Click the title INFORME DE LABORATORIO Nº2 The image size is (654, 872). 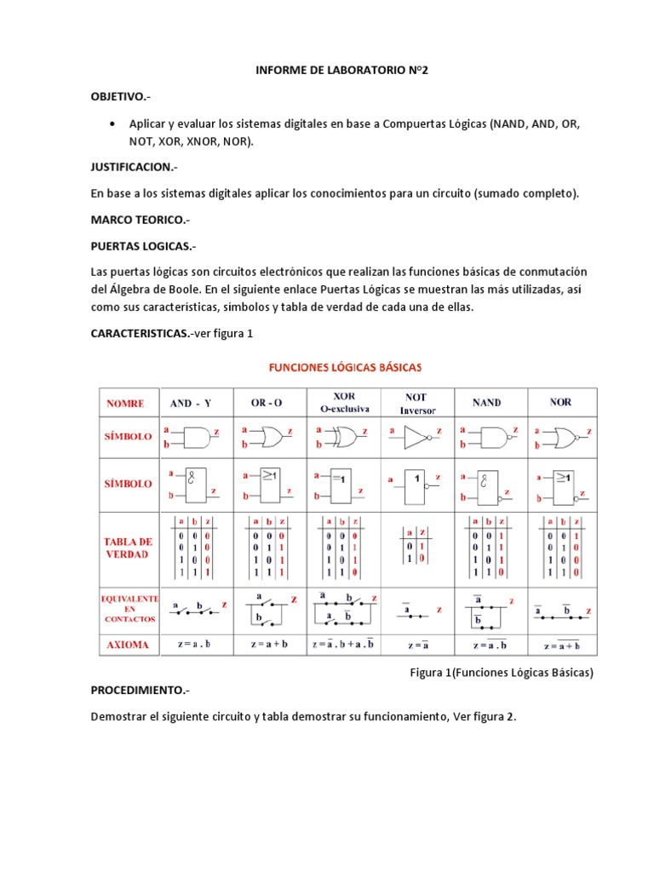(341, 72)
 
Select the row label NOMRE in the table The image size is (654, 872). (125, 403)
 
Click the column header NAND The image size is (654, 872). (486, 403)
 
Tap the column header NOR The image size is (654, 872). (560, 403)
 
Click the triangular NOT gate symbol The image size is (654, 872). (416, 438)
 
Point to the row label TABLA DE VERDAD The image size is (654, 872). (128, 548)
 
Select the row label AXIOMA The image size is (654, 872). (127, 645)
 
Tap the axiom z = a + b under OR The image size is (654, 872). (269, 645)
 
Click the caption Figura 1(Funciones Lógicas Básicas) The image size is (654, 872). (501, 673)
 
